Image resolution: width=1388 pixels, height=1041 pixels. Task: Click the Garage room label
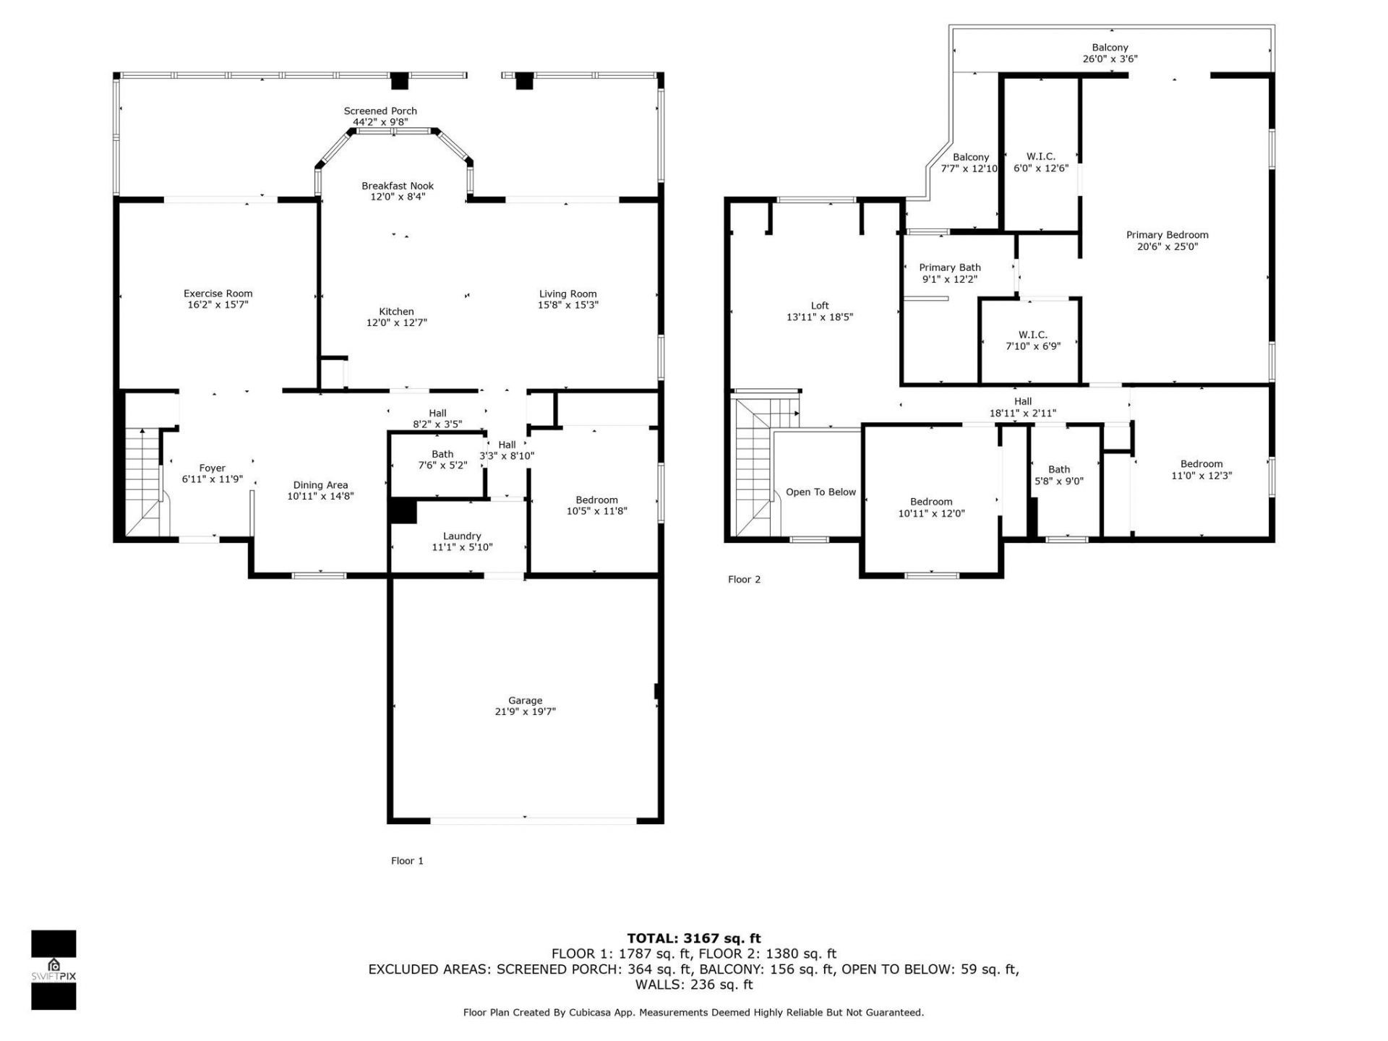525,701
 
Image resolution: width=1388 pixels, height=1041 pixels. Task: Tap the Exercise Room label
218,294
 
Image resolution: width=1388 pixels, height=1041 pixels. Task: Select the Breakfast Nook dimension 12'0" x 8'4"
398,197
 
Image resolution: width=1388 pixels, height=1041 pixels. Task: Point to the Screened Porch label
380,111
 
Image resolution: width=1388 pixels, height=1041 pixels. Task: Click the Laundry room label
461,536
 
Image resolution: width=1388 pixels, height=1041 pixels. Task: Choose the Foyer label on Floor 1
212,468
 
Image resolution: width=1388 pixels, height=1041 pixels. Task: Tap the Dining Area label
320,485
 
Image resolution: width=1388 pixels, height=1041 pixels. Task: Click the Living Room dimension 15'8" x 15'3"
567,305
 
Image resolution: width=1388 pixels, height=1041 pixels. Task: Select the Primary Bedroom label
1167,235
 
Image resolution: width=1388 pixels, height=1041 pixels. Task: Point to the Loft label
820,305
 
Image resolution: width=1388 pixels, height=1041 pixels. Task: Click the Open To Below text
821,492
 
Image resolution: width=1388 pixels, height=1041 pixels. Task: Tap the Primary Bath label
949,267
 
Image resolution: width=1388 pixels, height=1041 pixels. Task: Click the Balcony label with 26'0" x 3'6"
1110,48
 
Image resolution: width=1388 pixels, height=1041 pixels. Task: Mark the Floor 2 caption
744,579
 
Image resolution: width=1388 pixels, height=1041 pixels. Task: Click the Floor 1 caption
407,860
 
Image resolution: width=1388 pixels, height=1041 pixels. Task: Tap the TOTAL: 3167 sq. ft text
693,938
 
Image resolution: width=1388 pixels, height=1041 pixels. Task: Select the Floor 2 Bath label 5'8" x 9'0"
1058,469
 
